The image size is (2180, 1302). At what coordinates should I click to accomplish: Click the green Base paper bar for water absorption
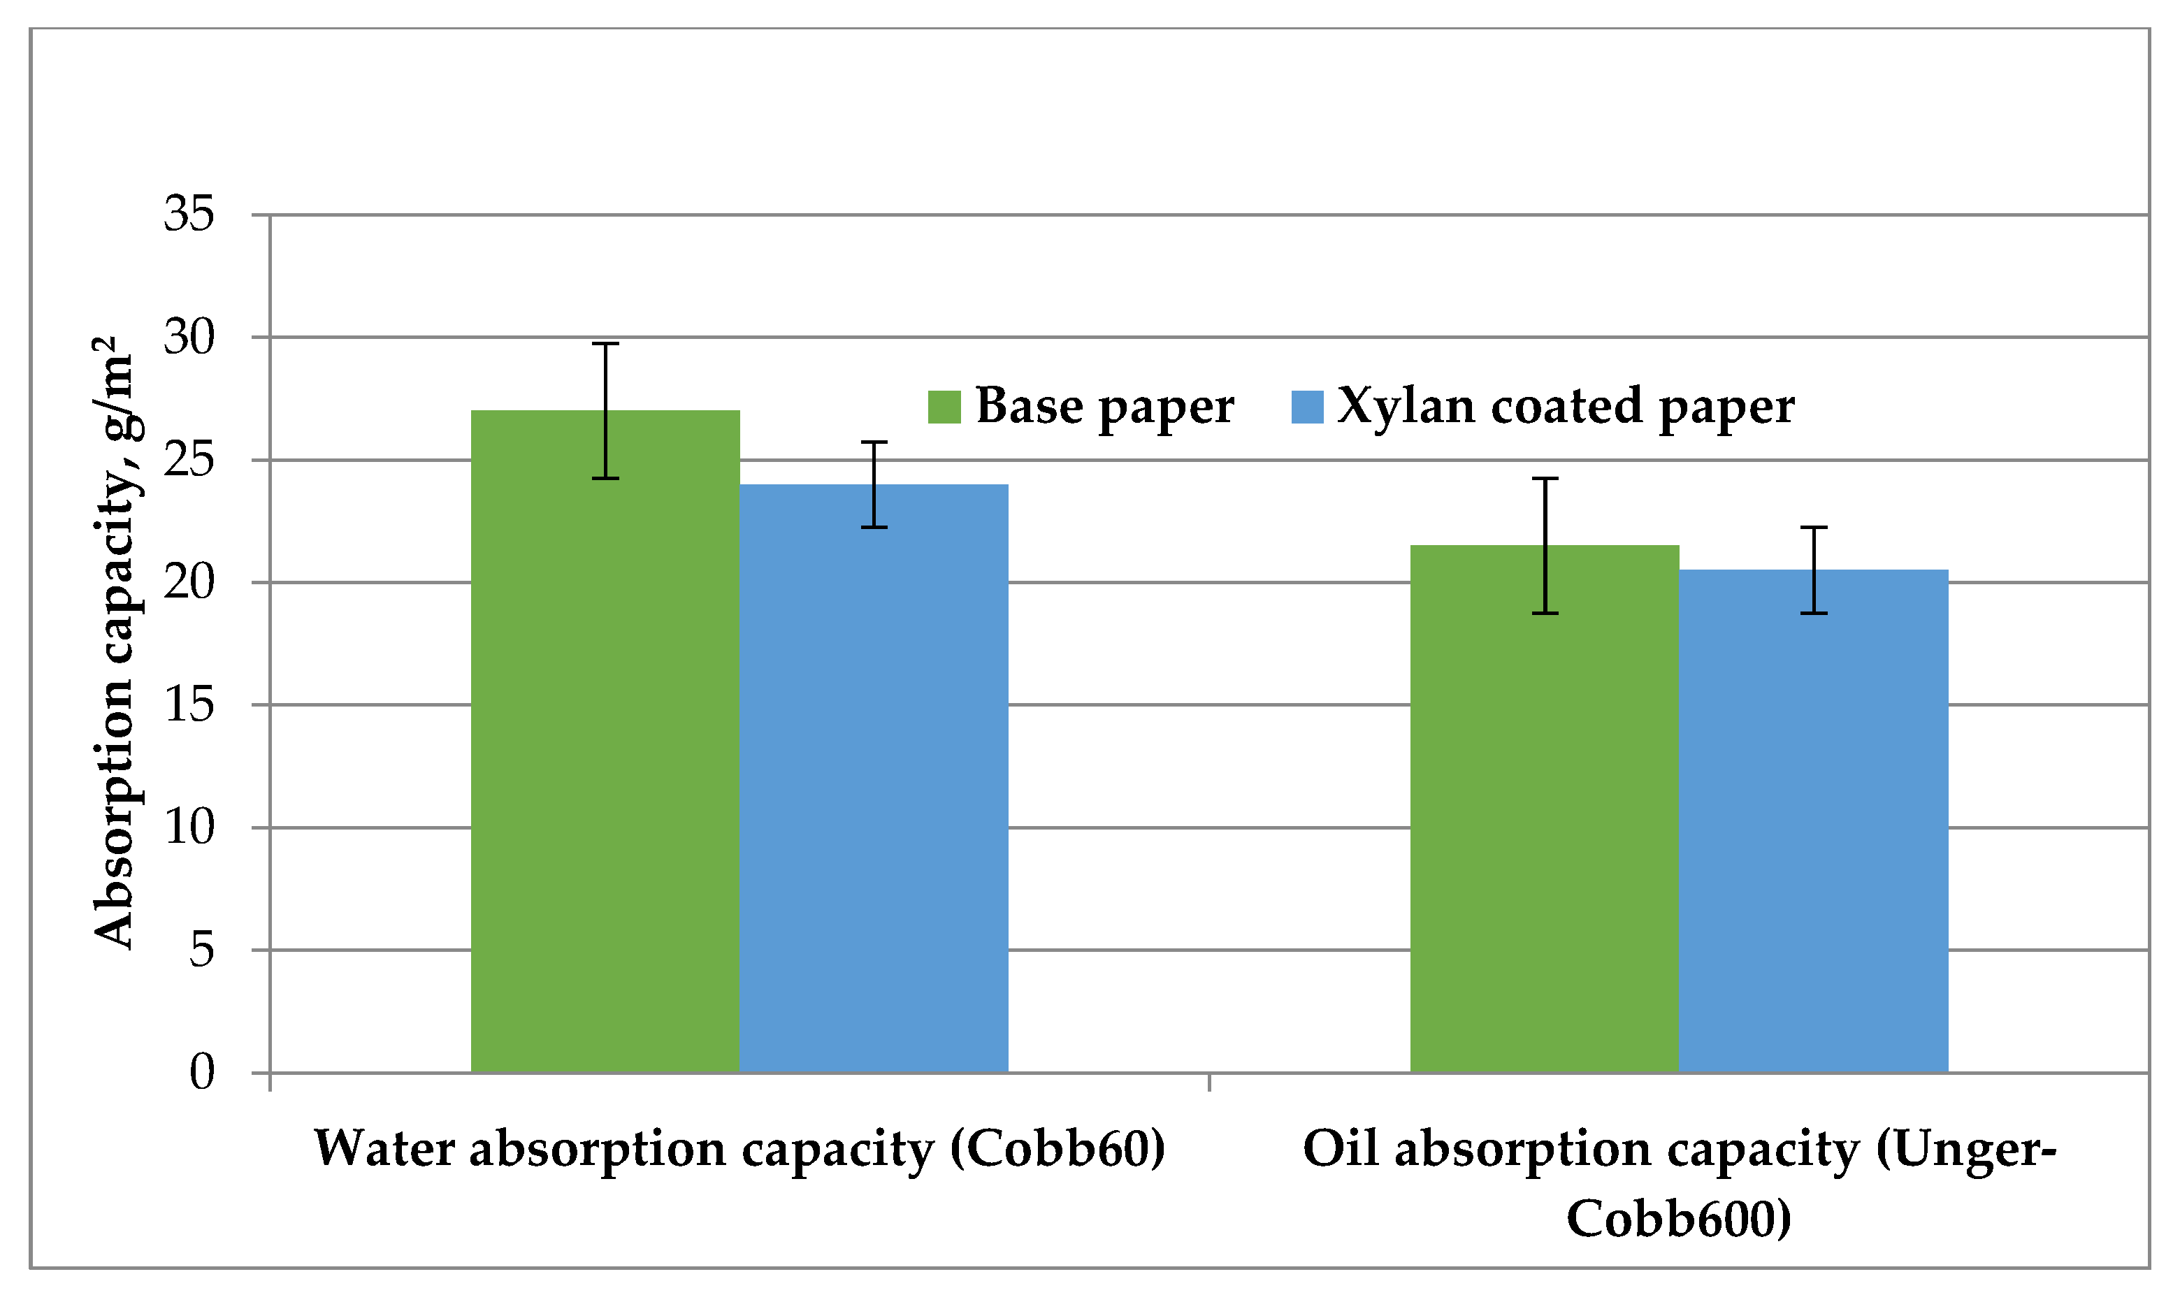(x=605, y=746)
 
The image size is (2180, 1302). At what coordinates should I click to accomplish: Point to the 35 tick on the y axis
(x=189, y=214)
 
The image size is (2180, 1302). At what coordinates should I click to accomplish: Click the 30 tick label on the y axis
(x=189, y=337)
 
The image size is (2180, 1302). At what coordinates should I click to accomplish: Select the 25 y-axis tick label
(x=189, y=460)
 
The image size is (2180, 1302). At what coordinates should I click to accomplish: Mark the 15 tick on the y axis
(x=189, y=704)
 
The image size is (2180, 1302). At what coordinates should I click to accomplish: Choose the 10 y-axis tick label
(x=189, y=827)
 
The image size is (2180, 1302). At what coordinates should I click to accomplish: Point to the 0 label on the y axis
(x=202, y=1072)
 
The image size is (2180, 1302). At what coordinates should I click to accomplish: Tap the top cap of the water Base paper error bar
(x=605, y=344)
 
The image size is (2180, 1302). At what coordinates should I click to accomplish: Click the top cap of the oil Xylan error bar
(x=1813, y=527)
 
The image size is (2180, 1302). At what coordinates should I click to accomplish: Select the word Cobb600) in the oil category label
(x=1678, y=1219)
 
